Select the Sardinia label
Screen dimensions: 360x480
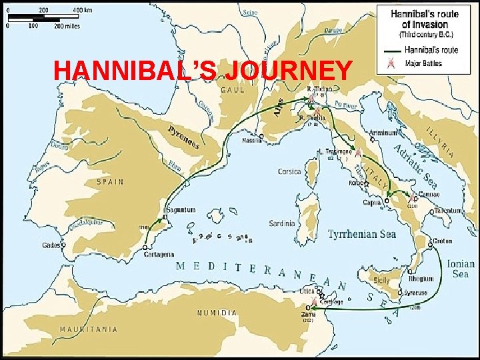point(281,223)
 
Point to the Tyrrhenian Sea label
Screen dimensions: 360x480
point(362,235)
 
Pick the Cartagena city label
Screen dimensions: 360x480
point(158,254)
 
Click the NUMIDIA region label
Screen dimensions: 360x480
point(217,313)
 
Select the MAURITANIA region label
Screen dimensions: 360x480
point(89,329)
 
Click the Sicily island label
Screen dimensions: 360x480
point(381,281)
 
